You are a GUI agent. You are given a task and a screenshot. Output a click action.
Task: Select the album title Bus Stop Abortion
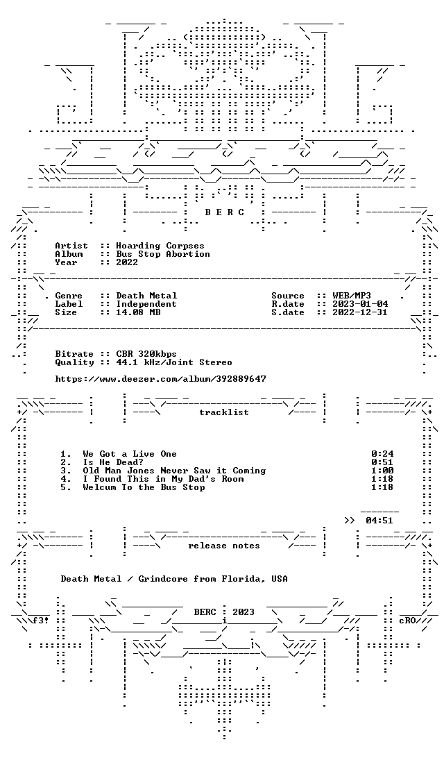coord(163,254)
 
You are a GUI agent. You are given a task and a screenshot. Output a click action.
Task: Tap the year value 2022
coord(126,262)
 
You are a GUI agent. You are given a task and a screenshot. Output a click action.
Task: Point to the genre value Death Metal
coord(146,296)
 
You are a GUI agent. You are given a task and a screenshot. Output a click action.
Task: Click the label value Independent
coord(146,304)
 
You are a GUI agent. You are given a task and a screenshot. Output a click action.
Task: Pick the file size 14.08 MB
coord(138,312)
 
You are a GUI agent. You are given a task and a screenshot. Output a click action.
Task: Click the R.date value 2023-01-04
coord(360,304)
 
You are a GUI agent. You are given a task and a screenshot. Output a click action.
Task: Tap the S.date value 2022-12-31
coord(360,312)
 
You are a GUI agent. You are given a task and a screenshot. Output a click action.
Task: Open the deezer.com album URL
coord(160,379)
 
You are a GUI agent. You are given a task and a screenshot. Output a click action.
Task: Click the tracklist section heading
coord(224,412)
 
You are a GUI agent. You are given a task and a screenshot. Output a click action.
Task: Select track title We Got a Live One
coord(130,454)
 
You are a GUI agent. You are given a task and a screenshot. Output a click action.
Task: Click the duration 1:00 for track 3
coord(382,471)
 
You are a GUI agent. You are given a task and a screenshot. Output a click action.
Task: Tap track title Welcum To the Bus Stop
coord(144,487)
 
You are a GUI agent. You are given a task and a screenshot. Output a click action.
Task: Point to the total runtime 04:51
coord(379,521)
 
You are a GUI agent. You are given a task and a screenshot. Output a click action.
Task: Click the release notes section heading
coord(224,546)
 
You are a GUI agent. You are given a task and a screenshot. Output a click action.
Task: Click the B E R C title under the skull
coord(225,212)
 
